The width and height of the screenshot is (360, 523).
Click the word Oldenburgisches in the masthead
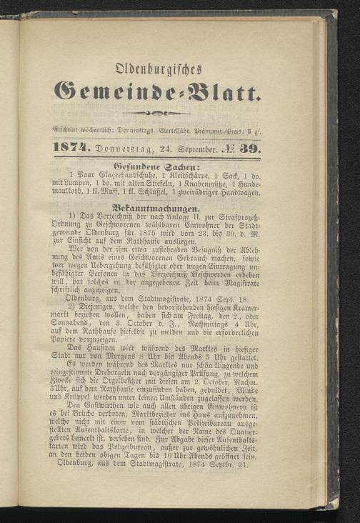tap(158, 69)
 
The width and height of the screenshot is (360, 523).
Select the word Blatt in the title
tap(226, 93)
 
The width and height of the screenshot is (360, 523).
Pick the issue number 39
tap(250, 149)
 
